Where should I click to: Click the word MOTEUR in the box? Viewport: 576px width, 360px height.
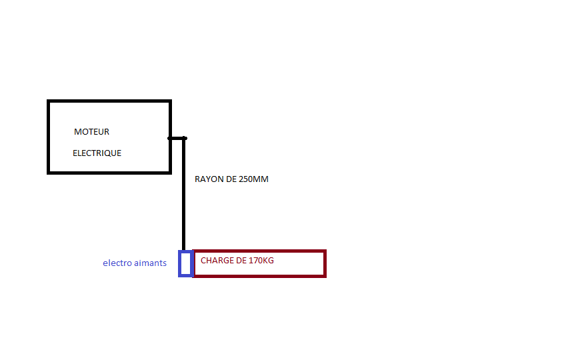click(x=91, y=132)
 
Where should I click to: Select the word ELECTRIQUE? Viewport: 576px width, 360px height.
click(x=97, y=153)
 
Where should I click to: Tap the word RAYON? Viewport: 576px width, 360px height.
click(x=207, y=179)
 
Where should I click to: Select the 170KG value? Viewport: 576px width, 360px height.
click(x=261, y=261)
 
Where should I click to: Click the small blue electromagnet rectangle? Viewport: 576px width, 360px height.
click(x=185, y=263)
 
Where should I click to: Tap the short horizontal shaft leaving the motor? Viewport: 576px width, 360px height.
click(x=177, y=138)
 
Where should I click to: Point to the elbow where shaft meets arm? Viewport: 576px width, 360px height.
click(x=184, y=138)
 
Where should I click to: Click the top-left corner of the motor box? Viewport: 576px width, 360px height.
click(x=49, y=101)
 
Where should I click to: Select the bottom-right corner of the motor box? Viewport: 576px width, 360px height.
click(x=170, y=172)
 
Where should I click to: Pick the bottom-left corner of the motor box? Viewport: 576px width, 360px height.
click(x=49, y=172)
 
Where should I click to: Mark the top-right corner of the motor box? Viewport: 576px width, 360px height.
click(x=170, y=101)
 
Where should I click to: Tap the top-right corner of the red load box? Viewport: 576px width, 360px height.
click(x=325, y=251)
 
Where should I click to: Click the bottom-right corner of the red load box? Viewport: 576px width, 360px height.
click(x=325, y=275)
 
